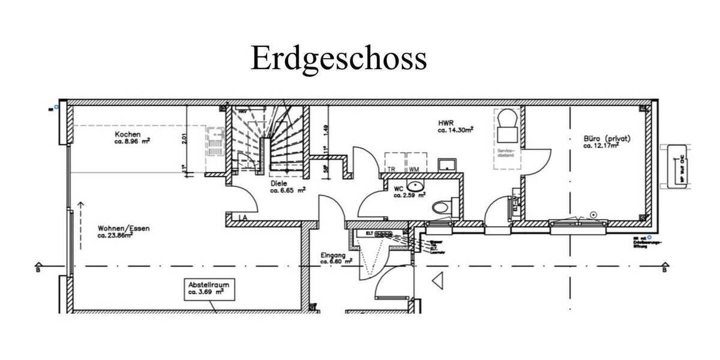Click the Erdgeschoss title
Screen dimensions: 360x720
(x=338, y=59)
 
